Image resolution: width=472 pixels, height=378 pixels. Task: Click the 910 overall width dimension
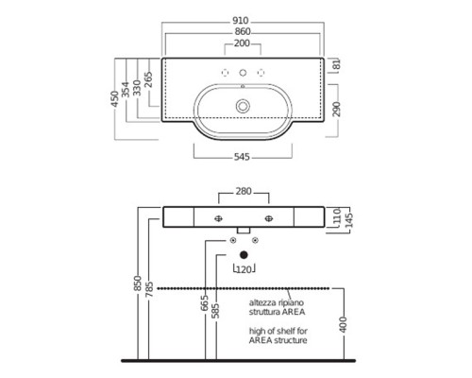tap(241, 21)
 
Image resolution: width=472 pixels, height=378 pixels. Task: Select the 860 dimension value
tap(243, 32)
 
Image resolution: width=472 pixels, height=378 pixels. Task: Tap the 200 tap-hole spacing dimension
tap(242, 43)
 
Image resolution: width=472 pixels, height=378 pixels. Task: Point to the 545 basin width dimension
tap(242, 157)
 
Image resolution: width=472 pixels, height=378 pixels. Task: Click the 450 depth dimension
tap(115, 98)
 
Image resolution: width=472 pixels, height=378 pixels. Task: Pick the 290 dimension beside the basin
tap(337, 109)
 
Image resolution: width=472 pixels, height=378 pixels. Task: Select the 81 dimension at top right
tap(337, 64)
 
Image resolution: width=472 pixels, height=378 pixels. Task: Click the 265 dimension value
tap(148, 79)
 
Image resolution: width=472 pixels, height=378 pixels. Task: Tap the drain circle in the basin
tap(243, 106)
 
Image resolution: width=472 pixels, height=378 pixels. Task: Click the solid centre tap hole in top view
tap(243, 73)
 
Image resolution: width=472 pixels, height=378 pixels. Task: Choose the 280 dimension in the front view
tap(244, 191)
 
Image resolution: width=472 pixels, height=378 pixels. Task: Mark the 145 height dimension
tap(349, 220)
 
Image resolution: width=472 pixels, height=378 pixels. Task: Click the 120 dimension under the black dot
tap(244, 269)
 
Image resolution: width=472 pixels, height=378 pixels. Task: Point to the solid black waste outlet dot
tap(244, 255)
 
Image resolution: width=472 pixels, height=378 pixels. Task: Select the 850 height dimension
tap(138, 283)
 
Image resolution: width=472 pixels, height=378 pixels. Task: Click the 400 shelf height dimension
tap(343, 324)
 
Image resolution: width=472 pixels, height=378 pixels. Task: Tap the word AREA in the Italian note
tap(294, 312)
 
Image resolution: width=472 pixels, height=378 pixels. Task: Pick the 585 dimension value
tap(215, 311)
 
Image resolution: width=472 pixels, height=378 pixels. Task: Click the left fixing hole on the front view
tap(218, 218)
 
